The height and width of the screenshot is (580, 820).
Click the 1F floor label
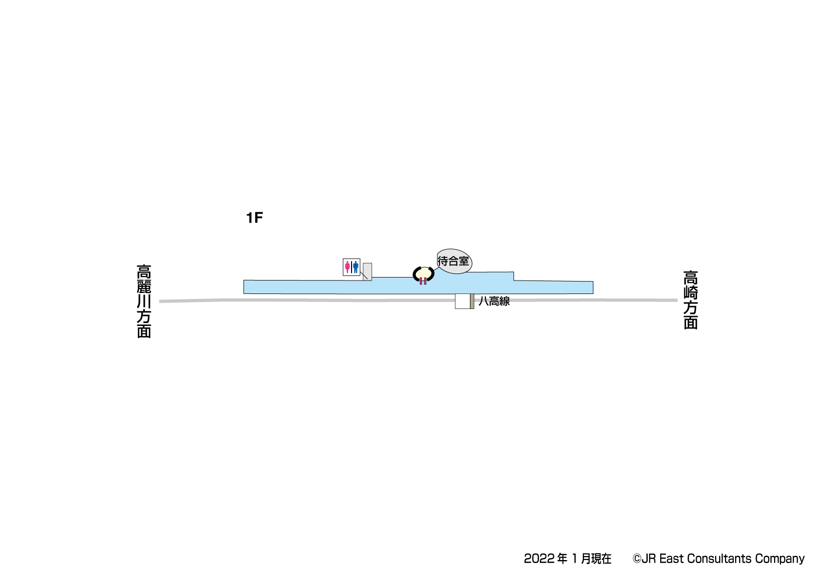254,218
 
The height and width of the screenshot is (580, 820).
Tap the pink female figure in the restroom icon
348,267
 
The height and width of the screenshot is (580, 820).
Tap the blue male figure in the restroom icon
356,267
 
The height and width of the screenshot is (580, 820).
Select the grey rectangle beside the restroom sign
368,272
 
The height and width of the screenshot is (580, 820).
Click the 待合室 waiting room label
453,261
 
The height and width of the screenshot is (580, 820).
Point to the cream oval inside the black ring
423,273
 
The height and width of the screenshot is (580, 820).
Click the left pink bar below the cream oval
421,281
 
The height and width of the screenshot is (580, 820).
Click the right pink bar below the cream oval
425,281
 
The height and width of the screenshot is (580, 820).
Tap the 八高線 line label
494,301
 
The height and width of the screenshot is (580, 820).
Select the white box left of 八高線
463,301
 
